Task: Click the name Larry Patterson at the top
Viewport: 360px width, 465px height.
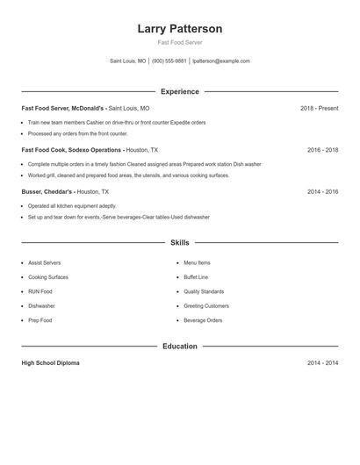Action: click(x=179, y=28)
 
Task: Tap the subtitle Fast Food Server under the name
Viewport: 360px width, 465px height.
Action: click(x=179, y=42)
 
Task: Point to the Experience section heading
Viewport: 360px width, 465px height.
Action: click(x=179, y=91)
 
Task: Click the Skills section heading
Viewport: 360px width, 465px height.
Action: click(x=179, y=242)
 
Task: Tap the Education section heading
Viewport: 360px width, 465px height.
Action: click(x=179, y=347)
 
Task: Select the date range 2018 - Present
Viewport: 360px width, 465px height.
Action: click(x=319, y=108)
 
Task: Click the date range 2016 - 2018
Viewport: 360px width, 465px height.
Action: click(x=322, y=150)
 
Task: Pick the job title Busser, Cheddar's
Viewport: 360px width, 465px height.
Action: click(x=47, y=191)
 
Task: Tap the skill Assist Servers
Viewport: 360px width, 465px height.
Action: click(x=44, y=262)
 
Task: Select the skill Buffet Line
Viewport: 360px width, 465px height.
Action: click(x=197, y=277)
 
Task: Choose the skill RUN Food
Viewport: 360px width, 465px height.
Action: click(x=40, y=291)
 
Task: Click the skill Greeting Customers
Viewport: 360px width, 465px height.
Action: click(x=206, y=306)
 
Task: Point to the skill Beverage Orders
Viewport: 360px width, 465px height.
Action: click(x=203, y=320)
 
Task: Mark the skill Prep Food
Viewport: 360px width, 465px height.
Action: click(x=40, y=320)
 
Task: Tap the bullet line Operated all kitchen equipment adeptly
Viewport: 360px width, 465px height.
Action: click(x=71, y=205)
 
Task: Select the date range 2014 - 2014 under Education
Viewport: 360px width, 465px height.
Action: click(x=322, y=362)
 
